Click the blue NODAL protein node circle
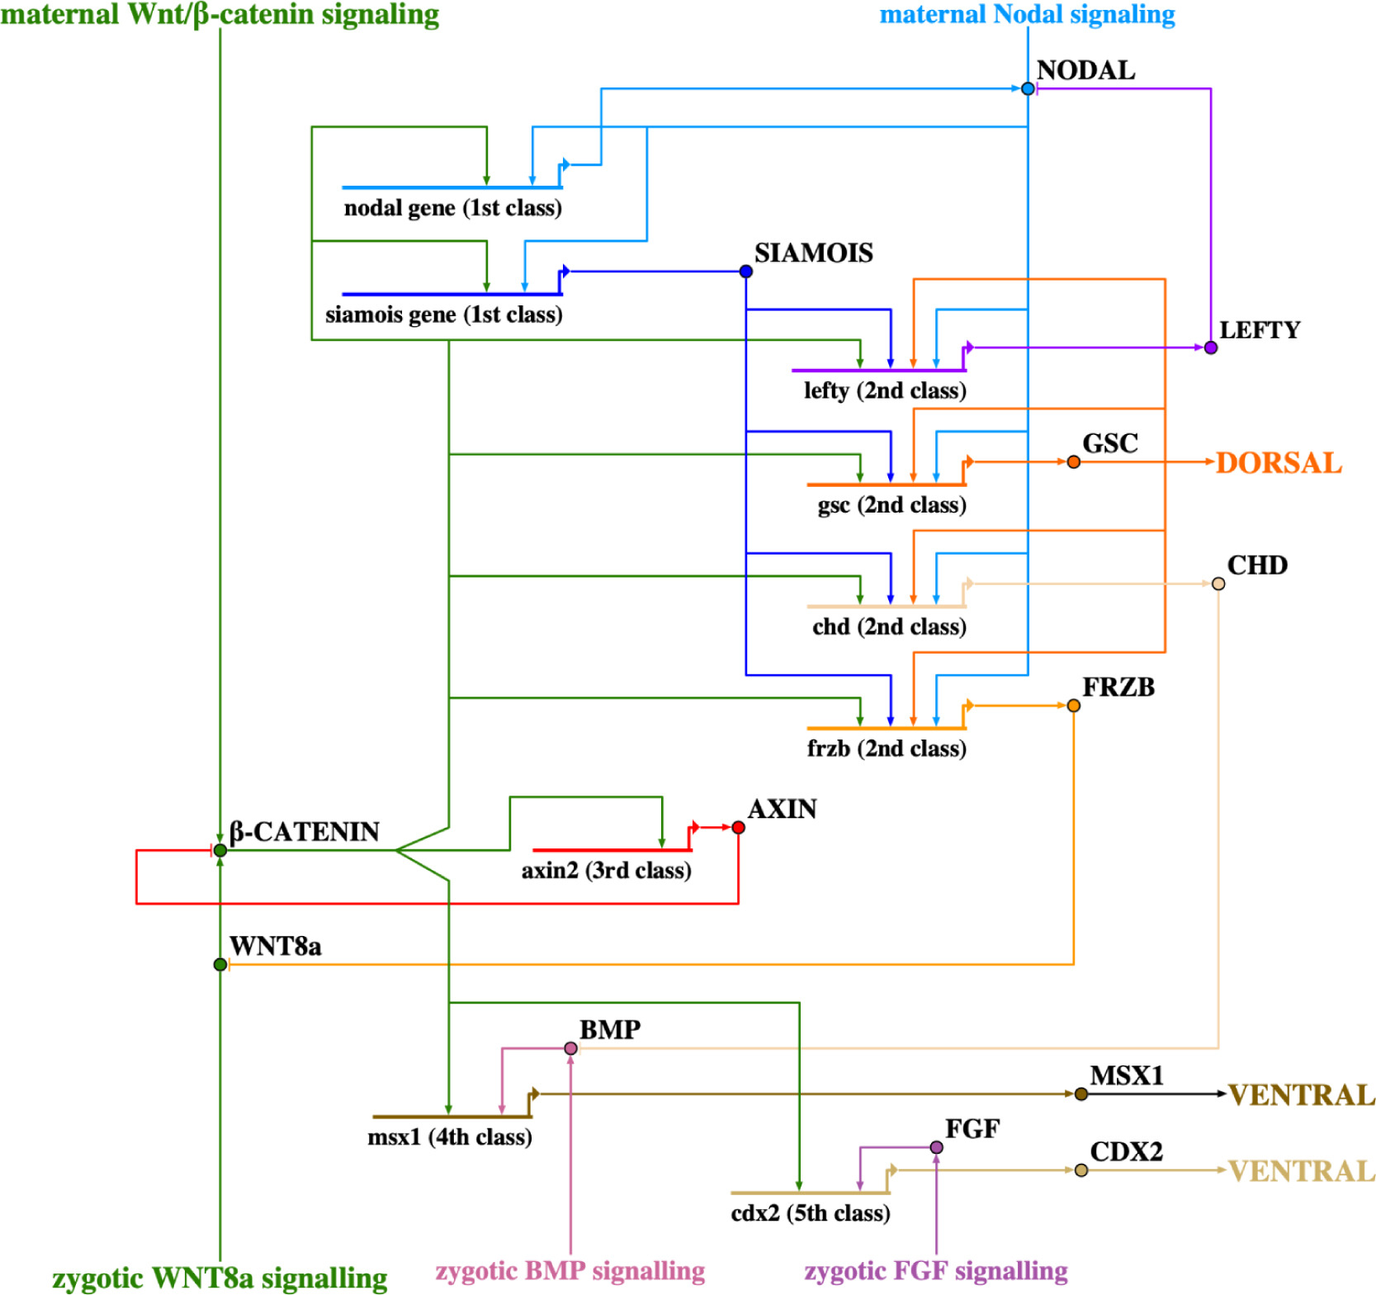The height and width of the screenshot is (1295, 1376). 1028,88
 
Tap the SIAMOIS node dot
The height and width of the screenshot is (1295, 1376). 746,272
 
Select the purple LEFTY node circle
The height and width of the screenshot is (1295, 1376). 1210,347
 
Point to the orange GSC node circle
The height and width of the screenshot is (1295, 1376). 1073,462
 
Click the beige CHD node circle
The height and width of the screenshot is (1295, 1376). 1218,584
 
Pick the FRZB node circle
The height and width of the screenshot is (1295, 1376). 1073,706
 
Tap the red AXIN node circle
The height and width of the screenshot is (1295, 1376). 738,827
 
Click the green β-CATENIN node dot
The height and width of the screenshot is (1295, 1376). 220,850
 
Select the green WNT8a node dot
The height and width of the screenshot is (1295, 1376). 220,964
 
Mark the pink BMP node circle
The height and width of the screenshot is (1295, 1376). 570,1048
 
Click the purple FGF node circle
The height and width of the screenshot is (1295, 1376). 936,1147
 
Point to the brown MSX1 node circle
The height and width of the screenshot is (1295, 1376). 1081,1094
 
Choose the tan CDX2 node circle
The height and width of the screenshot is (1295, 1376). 1081,1170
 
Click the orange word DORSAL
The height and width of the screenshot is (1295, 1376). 1279,463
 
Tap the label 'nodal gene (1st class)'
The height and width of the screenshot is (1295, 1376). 452,208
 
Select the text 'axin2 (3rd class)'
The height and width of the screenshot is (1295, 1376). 606,871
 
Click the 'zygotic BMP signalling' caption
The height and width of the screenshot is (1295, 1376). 570,1271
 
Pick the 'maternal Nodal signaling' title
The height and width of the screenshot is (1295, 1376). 1027,14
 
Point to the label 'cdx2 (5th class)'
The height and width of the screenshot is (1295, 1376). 811,1213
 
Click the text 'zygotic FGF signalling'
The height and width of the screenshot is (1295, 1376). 936,1271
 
